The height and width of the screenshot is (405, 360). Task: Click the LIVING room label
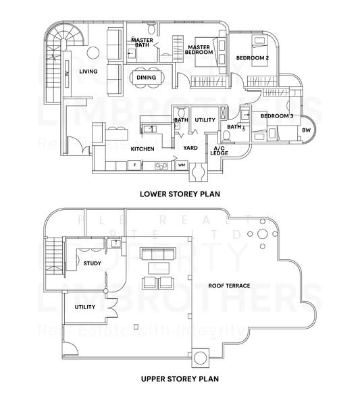[88, 72]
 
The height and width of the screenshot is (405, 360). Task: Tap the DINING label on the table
[146, 78]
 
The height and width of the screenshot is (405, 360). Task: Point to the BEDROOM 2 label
[252, 59]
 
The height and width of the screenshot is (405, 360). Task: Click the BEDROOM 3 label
[277, 116]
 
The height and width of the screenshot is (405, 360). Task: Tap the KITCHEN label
[143, 148]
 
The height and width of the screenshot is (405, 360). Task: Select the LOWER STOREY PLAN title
[180, 193]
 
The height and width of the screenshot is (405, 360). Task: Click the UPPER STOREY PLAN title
[180, 379]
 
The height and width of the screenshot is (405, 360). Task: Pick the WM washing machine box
[181, 164]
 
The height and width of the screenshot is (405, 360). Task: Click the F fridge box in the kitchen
[135, 164]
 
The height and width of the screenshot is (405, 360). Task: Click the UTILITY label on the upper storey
[85, 307]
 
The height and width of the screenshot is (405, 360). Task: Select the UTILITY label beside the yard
[205, 120]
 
